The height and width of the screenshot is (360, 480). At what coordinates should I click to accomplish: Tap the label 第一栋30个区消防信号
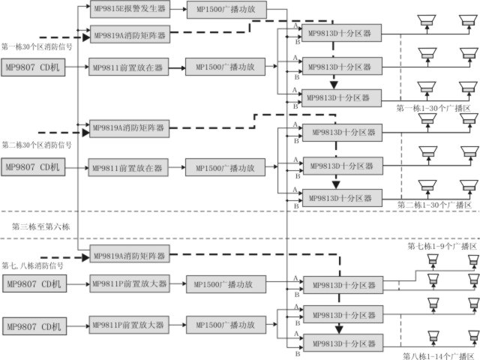point(37,46)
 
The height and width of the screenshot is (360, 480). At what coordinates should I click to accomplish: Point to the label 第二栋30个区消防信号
point(37,144)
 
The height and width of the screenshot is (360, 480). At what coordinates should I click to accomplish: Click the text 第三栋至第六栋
point(40,226)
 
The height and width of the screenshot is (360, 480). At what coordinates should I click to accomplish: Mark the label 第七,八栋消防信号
point(33,265)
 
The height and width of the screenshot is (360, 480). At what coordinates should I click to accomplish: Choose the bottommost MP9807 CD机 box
point(34,326)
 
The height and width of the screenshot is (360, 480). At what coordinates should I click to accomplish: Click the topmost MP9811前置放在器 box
point(127,67)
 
